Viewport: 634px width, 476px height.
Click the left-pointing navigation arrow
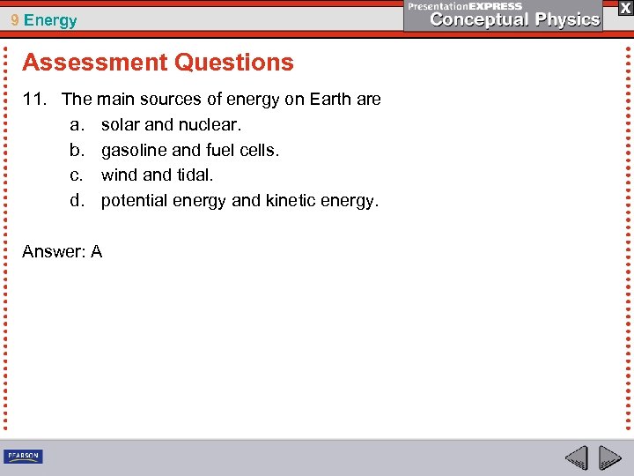coord(577,457)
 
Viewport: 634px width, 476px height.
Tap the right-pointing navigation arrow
coord(609,457)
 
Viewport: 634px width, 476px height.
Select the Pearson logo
coord(23,456)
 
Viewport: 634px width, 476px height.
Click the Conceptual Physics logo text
coord(515,19)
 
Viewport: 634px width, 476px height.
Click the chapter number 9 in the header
coord(16,20)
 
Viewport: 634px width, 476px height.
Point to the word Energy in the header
coord(51,20)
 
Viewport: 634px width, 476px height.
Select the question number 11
coord(33,100)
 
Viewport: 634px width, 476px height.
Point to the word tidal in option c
coord(194,175)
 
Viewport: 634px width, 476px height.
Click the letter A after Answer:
coord(96,252)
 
